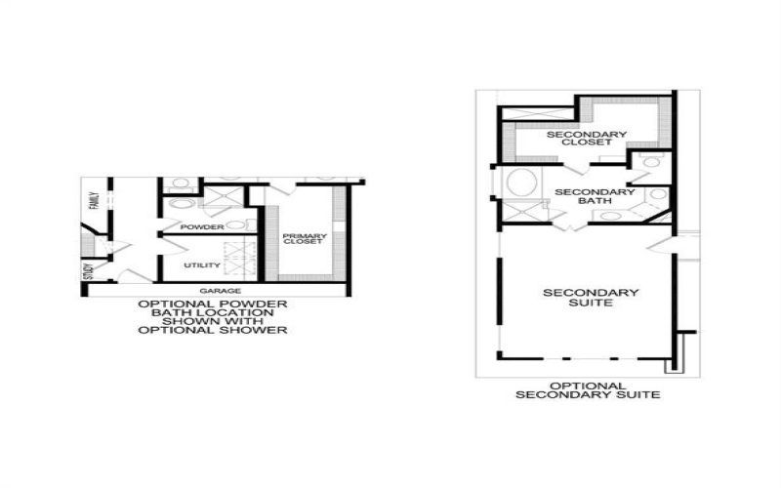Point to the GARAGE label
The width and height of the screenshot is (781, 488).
220,291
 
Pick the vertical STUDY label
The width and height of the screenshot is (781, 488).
88,270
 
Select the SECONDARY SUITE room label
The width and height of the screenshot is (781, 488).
591,298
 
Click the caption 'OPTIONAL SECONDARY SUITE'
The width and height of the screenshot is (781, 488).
588,389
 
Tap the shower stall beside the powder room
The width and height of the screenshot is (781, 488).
216,201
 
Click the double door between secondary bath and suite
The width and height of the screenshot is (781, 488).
568,224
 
